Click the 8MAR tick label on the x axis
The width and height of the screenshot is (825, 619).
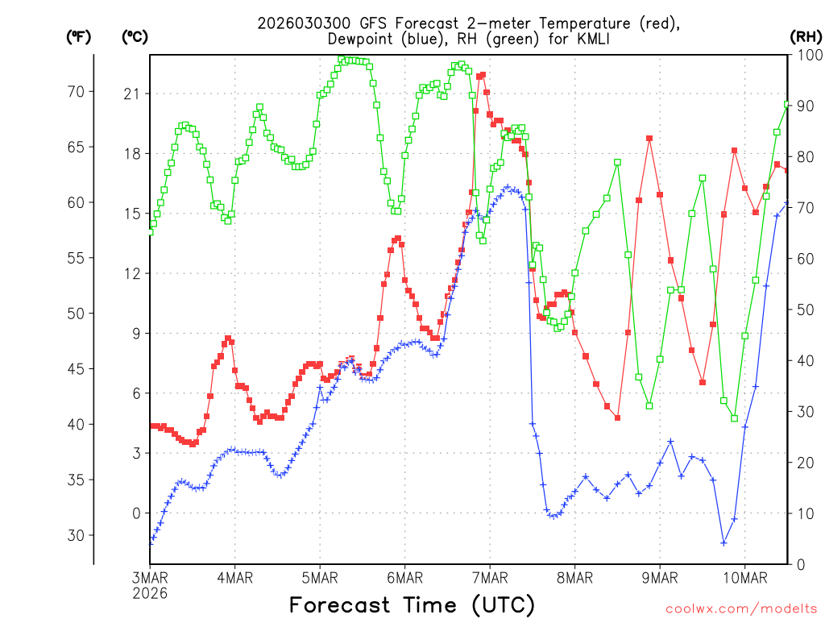pos(574,578)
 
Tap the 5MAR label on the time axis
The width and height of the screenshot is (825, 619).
pos(320,578)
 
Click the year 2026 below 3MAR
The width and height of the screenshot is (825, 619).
pos(150,593)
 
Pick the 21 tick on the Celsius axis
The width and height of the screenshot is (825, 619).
pos(131,94)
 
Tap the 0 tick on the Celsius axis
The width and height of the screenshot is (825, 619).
pos(135,513)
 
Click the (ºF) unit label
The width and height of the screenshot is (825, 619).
pos(79,36)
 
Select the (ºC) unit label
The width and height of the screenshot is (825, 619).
pos(135,36)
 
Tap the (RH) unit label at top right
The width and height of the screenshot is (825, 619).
pos(805,36)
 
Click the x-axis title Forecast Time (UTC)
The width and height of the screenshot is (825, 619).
pos(412,604)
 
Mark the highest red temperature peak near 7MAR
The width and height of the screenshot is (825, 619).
pos(483,75)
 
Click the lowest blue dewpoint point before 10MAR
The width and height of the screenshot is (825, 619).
pos(723,542)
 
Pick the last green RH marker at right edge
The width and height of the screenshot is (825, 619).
pos(787,104)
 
